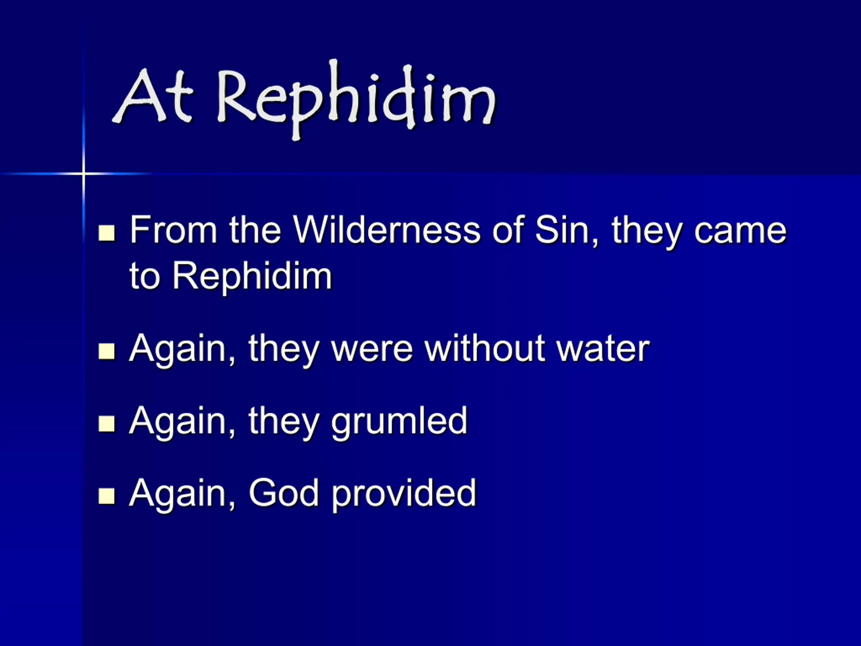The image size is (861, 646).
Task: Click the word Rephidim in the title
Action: [356, 99]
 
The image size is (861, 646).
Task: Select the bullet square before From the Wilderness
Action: [107, 233]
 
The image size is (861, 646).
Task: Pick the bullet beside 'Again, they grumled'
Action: [107, 424]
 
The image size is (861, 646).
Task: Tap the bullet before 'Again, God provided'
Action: [107, 496]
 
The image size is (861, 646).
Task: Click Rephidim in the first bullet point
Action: [252, 277]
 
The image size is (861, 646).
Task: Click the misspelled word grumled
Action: [399, 423]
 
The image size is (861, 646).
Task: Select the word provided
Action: [404, 495]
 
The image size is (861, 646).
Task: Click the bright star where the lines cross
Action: [83, 173]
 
